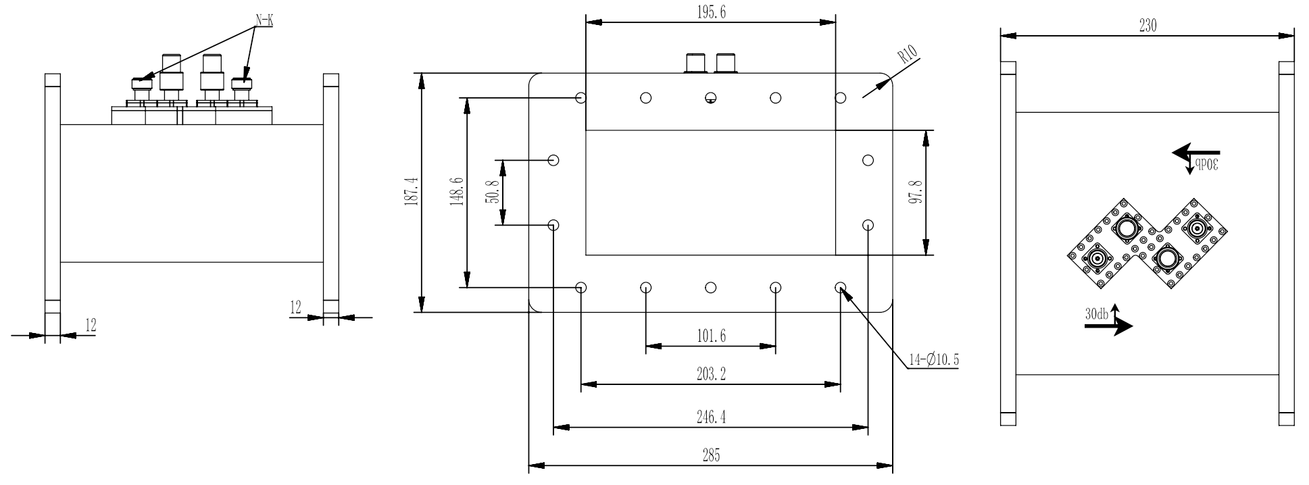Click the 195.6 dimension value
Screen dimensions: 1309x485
(x=710, y=12)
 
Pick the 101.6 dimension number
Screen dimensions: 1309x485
(x=710, y=336)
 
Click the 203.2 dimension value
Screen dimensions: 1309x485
(x=710, y=374)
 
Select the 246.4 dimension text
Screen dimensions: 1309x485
(x=710, y=417)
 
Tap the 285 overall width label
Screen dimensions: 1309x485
(x=710, y=455)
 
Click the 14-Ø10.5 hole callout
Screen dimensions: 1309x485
(x=933, y=360)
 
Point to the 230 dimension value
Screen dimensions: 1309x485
(x=1147, y=26)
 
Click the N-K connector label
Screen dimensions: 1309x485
(x=264, y=20)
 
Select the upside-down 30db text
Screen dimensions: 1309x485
(x=1206, y=165)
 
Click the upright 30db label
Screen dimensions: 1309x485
(x=1096, y=314)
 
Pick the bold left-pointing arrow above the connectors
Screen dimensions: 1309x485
(x=1196, y=153)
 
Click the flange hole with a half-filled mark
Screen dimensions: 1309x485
(x=710, y=98)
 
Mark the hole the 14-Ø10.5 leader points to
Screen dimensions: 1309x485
(x=841, y=287)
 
